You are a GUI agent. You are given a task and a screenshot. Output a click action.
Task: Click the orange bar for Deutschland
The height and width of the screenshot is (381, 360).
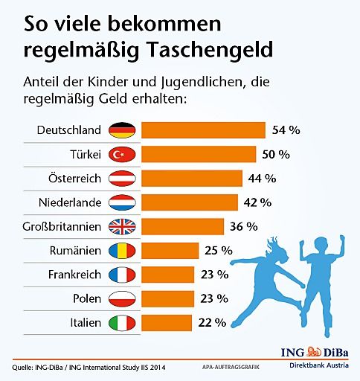point(203,130)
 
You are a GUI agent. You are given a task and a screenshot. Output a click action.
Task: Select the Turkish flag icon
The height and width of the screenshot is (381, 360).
point(120,154)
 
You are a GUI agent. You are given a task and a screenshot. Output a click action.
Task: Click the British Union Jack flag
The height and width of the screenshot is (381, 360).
point(120,226)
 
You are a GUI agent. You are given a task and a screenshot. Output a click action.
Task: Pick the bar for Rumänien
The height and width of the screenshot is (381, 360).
point(170,251)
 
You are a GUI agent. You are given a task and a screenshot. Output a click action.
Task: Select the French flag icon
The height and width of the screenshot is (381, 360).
point(120,275)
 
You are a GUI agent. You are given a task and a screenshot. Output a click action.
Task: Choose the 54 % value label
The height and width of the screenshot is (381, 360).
point(286,130)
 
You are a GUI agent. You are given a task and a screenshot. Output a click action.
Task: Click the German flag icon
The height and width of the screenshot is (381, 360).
point(120,130)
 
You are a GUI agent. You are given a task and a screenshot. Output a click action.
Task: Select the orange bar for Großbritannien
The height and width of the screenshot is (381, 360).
point(182,226)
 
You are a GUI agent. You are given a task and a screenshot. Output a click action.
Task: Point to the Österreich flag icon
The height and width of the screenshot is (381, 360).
point(120,179)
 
